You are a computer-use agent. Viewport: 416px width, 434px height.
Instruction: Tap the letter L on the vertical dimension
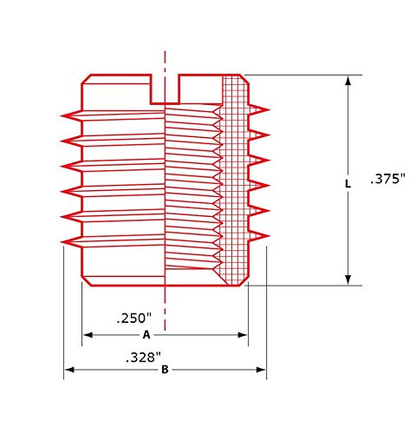pos(348,184)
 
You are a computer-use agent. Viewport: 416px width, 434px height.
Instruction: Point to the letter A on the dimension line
pos(146,334)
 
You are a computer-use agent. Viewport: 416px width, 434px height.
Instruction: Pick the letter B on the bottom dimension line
pos(164,371)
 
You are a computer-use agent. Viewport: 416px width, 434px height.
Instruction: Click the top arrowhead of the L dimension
pos(348,81)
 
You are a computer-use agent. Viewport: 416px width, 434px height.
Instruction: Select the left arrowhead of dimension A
pos(87,334)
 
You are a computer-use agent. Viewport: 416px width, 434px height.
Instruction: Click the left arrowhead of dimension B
pos(69,371)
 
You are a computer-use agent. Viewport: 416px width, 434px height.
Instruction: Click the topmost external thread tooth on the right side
pos(259,109)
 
